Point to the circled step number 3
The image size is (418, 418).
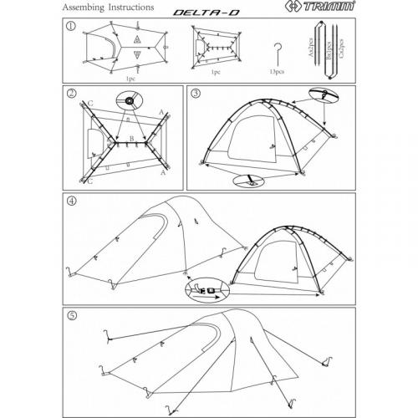196,93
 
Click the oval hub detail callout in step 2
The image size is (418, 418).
130,104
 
